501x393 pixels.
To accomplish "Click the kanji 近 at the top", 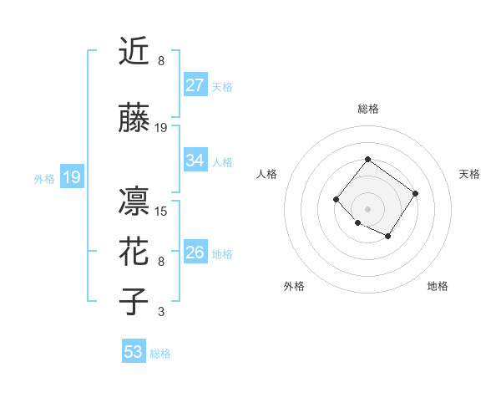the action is (134, 51).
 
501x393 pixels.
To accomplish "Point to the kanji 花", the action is (134, 251).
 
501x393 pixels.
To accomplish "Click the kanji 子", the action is (134, 301).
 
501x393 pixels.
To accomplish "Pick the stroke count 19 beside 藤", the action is (161, 128).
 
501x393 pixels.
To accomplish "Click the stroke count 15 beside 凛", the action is (161, 212).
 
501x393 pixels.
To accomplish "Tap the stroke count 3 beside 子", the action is (161, 313).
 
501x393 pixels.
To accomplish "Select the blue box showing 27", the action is (195, 84).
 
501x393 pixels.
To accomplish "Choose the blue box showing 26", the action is (195, 252).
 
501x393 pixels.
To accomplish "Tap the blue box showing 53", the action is (133, 352).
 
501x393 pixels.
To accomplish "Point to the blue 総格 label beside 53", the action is (160, 354).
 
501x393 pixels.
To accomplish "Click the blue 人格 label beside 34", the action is (222, 162).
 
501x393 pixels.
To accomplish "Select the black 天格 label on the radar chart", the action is (469, 174).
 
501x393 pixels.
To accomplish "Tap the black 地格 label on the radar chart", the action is (438, 286).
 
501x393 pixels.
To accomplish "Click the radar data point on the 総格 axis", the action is (367, 159).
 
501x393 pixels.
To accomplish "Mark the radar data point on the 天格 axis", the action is (416, 194).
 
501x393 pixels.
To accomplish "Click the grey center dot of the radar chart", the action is (367, 208).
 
